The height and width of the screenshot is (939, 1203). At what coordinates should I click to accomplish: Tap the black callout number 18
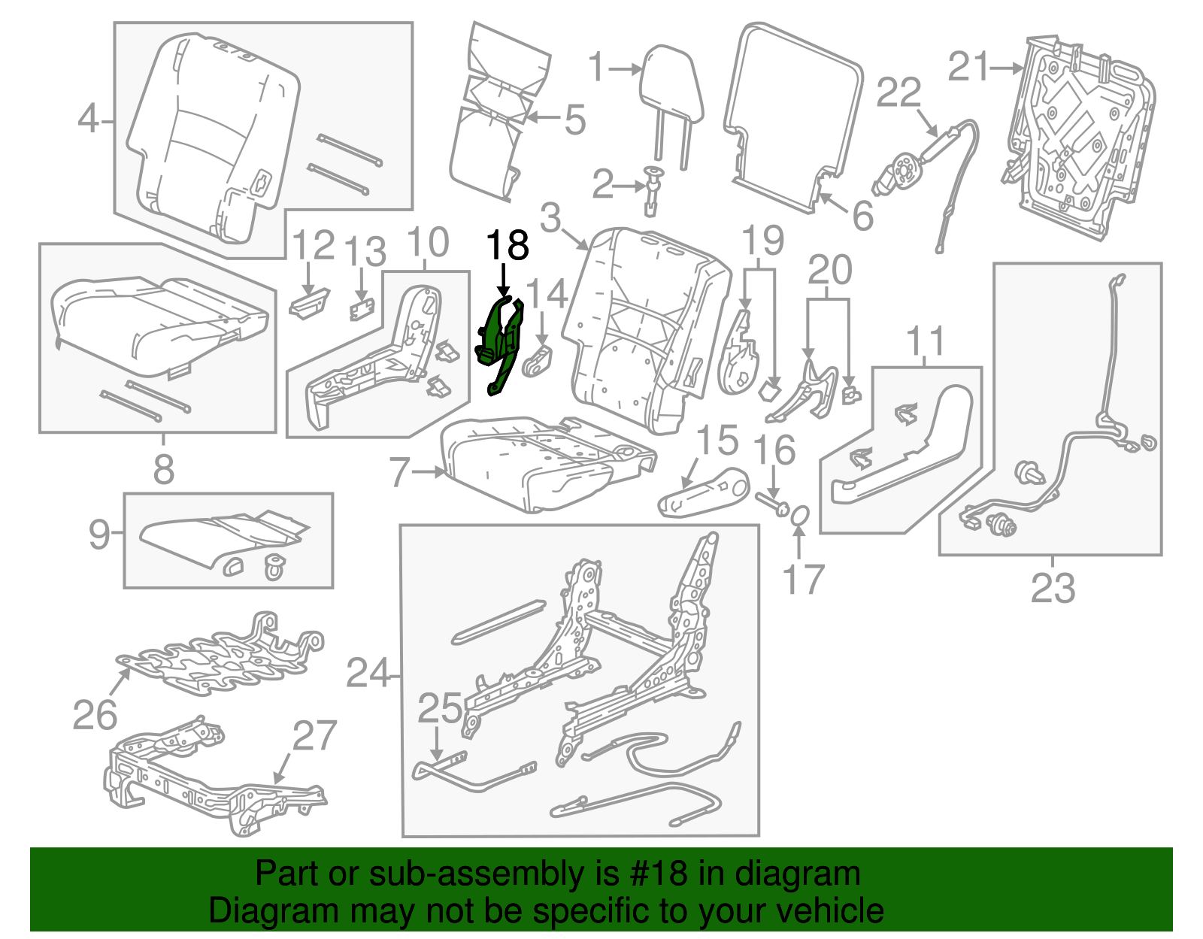(508, 246)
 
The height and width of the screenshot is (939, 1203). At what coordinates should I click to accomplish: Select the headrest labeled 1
(671, 84)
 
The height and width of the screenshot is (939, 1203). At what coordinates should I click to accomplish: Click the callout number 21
(968, 67)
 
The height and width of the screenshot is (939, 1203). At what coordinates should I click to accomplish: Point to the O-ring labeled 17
(800, 516)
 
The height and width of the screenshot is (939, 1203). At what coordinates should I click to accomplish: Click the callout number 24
(368, 673)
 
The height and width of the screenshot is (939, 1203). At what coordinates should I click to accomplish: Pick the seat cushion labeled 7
(549, 462)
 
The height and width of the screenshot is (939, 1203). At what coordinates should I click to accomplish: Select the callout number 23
(1053, 588)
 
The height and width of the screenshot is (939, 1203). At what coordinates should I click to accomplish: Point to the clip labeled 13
(362, 309)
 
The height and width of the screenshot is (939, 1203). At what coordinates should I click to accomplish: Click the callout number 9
(99, 535)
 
